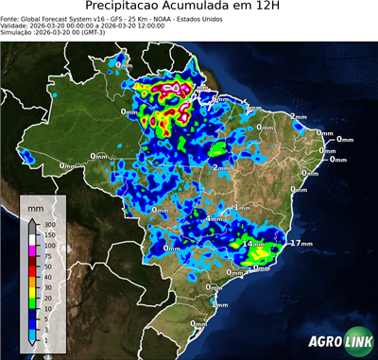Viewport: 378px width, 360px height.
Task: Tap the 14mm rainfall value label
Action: click(253, 244)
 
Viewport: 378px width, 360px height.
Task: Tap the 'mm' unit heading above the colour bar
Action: click(35, 205)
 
